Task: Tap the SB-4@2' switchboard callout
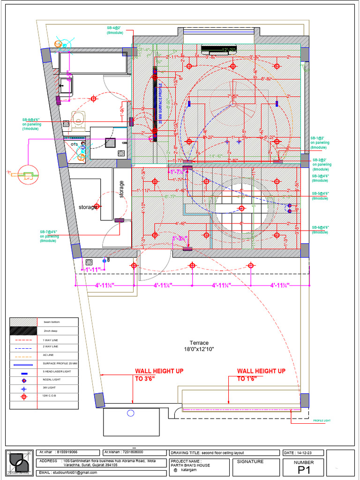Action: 116,30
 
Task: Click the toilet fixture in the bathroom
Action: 78,121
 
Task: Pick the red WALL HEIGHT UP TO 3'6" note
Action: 159,375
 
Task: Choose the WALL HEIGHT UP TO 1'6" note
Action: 261,375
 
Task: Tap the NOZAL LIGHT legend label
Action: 51,380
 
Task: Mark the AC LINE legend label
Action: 48,355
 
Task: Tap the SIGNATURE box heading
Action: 250,462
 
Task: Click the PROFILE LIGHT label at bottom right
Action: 322,420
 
